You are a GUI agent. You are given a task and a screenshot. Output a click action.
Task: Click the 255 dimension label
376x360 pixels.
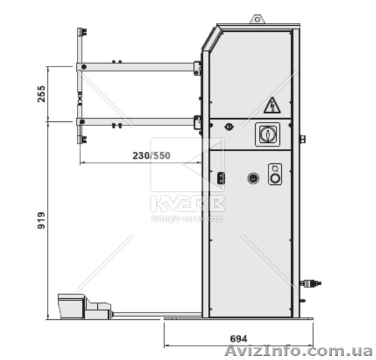point(41,94)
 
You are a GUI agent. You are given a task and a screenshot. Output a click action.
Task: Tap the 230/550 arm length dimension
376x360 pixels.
point(151,155)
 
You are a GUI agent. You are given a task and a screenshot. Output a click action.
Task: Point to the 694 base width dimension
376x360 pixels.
point(238,338)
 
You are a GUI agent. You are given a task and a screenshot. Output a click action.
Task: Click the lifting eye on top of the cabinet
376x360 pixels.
point(258,19)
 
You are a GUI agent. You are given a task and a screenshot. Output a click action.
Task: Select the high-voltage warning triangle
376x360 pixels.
point(272,106)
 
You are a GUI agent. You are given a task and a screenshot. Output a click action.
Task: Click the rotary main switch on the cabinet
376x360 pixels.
point(268,134)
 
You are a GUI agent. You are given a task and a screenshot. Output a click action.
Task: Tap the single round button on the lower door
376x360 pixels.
point(253,178)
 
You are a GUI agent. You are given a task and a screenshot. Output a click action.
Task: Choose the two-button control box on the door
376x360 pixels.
point(275,174)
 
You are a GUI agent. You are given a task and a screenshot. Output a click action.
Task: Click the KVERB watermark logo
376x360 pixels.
point(187,203)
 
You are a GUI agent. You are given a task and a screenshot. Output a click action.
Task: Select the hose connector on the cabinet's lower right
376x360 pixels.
point(311,283)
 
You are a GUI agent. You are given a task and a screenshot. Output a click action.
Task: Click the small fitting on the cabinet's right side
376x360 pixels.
point(302,139)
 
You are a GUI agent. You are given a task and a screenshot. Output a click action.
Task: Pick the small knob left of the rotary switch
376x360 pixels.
point(228,127)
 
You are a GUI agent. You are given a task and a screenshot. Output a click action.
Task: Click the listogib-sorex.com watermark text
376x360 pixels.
point(187,218)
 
